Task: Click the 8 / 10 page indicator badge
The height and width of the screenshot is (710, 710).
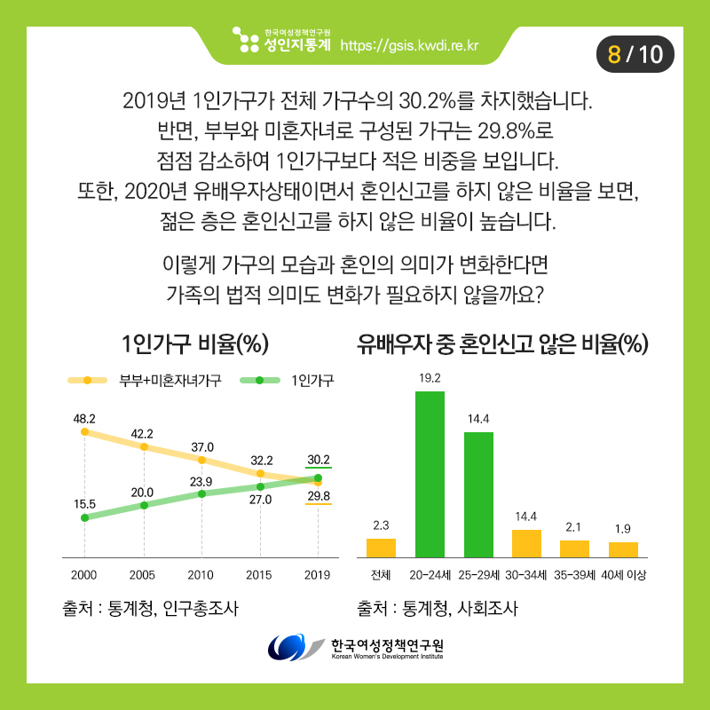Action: pos(635,54)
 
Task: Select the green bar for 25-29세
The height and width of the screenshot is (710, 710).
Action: pos(478,493)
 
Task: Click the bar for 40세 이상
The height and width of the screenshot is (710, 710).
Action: pos(623,548)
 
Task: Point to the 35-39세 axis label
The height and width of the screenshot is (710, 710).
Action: pos(574,574)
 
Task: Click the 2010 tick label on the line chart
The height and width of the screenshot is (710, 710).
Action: pos(201,574)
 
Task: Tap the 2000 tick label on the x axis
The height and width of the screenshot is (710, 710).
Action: pos(84,574)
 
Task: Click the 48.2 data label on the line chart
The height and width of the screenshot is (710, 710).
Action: pos(84,417)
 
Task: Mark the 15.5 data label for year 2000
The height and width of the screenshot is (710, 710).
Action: pos(84,502)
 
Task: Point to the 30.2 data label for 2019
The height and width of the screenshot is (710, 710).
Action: pos(318,460)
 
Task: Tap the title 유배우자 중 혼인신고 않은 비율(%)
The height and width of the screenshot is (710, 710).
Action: pos(501,343)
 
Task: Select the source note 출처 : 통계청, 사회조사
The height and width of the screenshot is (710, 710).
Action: pos(436,609)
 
